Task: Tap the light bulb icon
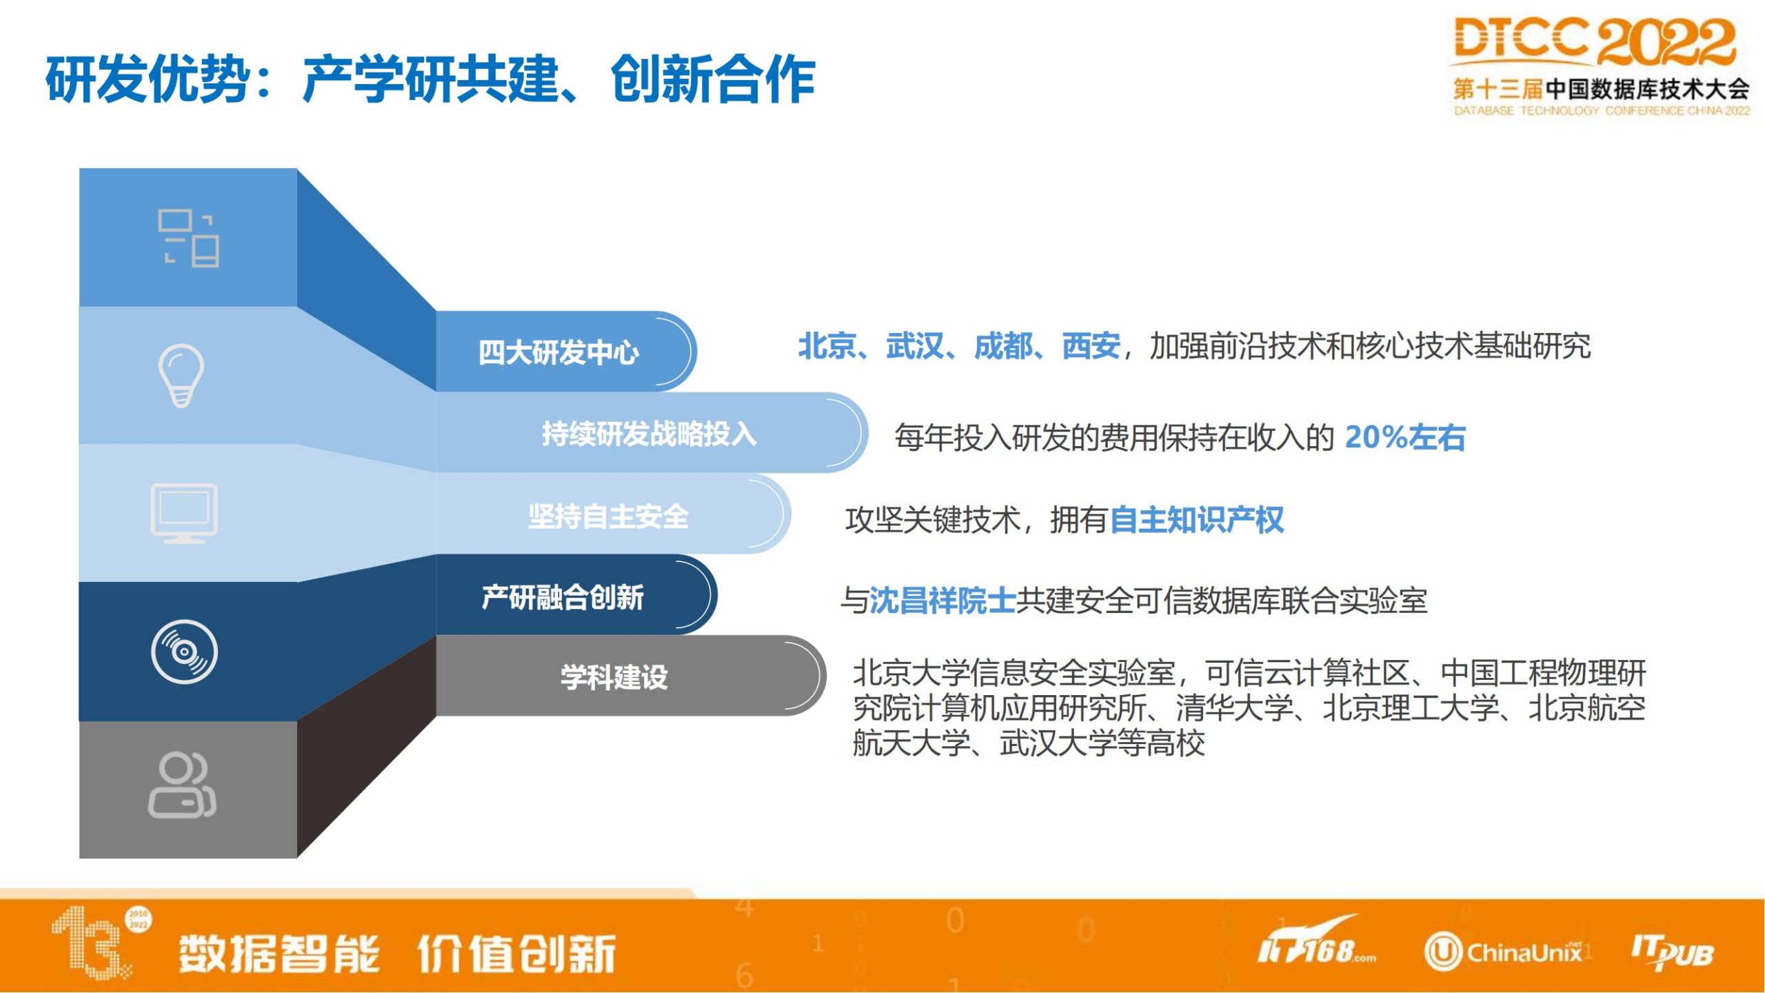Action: [x=181, y=376]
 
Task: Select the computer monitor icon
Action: [x=184, y=514]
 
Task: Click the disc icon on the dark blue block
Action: [x=184, y=652]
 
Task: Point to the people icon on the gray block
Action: [x=182, y=785]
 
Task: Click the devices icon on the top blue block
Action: [x=188, y=238]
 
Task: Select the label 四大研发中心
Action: [x=558, y=352]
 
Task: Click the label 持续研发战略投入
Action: [x=649, y=434]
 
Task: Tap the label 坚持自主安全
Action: [x=608, y=516]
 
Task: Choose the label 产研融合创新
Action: [x=563, y=597]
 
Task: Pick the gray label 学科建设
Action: [x=614, y=677]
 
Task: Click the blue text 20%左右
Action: [x=1405, y=437]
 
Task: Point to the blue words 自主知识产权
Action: [x=1197, y=520]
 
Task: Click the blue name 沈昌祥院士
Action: [x=942, y=601]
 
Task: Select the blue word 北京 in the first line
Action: [x=827, y=345]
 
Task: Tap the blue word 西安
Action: [x=1091, y=345]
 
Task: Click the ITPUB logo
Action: [x=1672, y=952]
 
